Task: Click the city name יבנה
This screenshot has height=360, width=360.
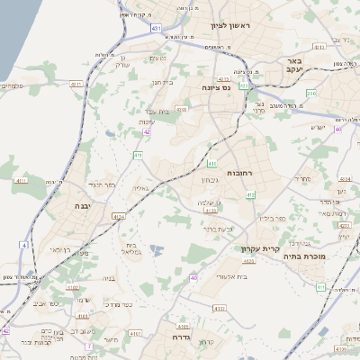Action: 90,206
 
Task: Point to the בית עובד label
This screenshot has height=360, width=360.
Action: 159,110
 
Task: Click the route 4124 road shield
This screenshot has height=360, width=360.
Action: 119,216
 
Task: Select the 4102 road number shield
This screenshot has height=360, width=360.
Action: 183,326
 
